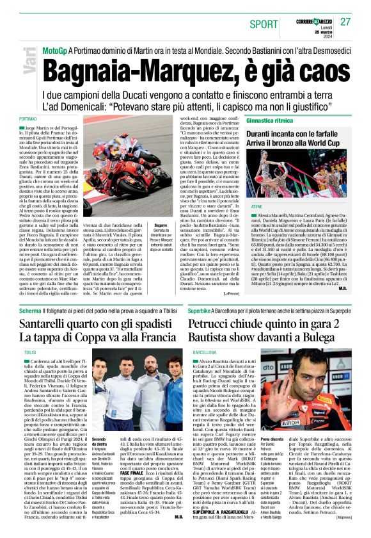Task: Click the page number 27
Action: [346, 22]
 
